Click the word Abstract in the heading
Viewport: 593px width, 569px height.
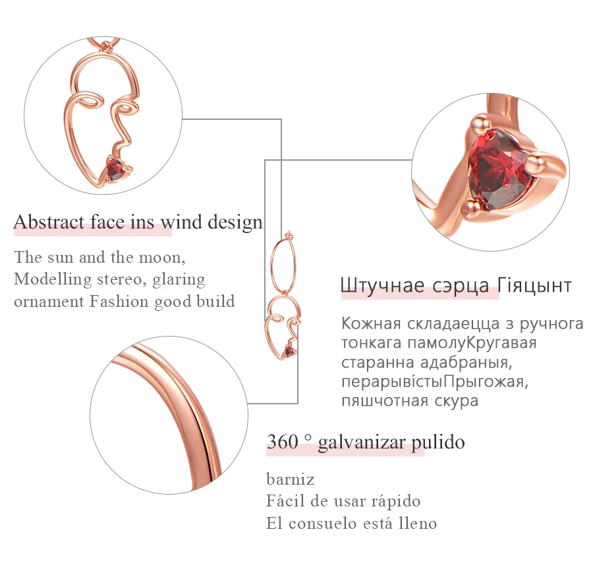(x=49, y=222)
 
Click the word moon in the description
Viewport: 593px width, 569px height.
(x=162, y=257)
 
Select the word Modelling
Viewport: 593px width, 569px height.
(x=53, y=279)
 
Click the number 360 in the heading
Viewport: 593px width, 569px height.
(x=283, y=441)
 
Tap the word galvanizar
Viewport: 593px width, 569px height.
(x=362, y=442)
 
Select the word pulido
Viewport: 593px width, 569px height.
(x=438, y=442)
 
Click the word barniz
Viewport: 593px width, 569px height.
(x=291, y=479)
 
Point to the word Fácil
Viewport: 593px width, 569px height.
(x=285, y=501)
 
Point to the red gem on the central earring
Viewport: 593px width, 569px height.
(x=289, y=352)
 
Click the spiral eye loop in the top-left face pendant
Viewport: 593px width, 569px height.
(x=91, y=102)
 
